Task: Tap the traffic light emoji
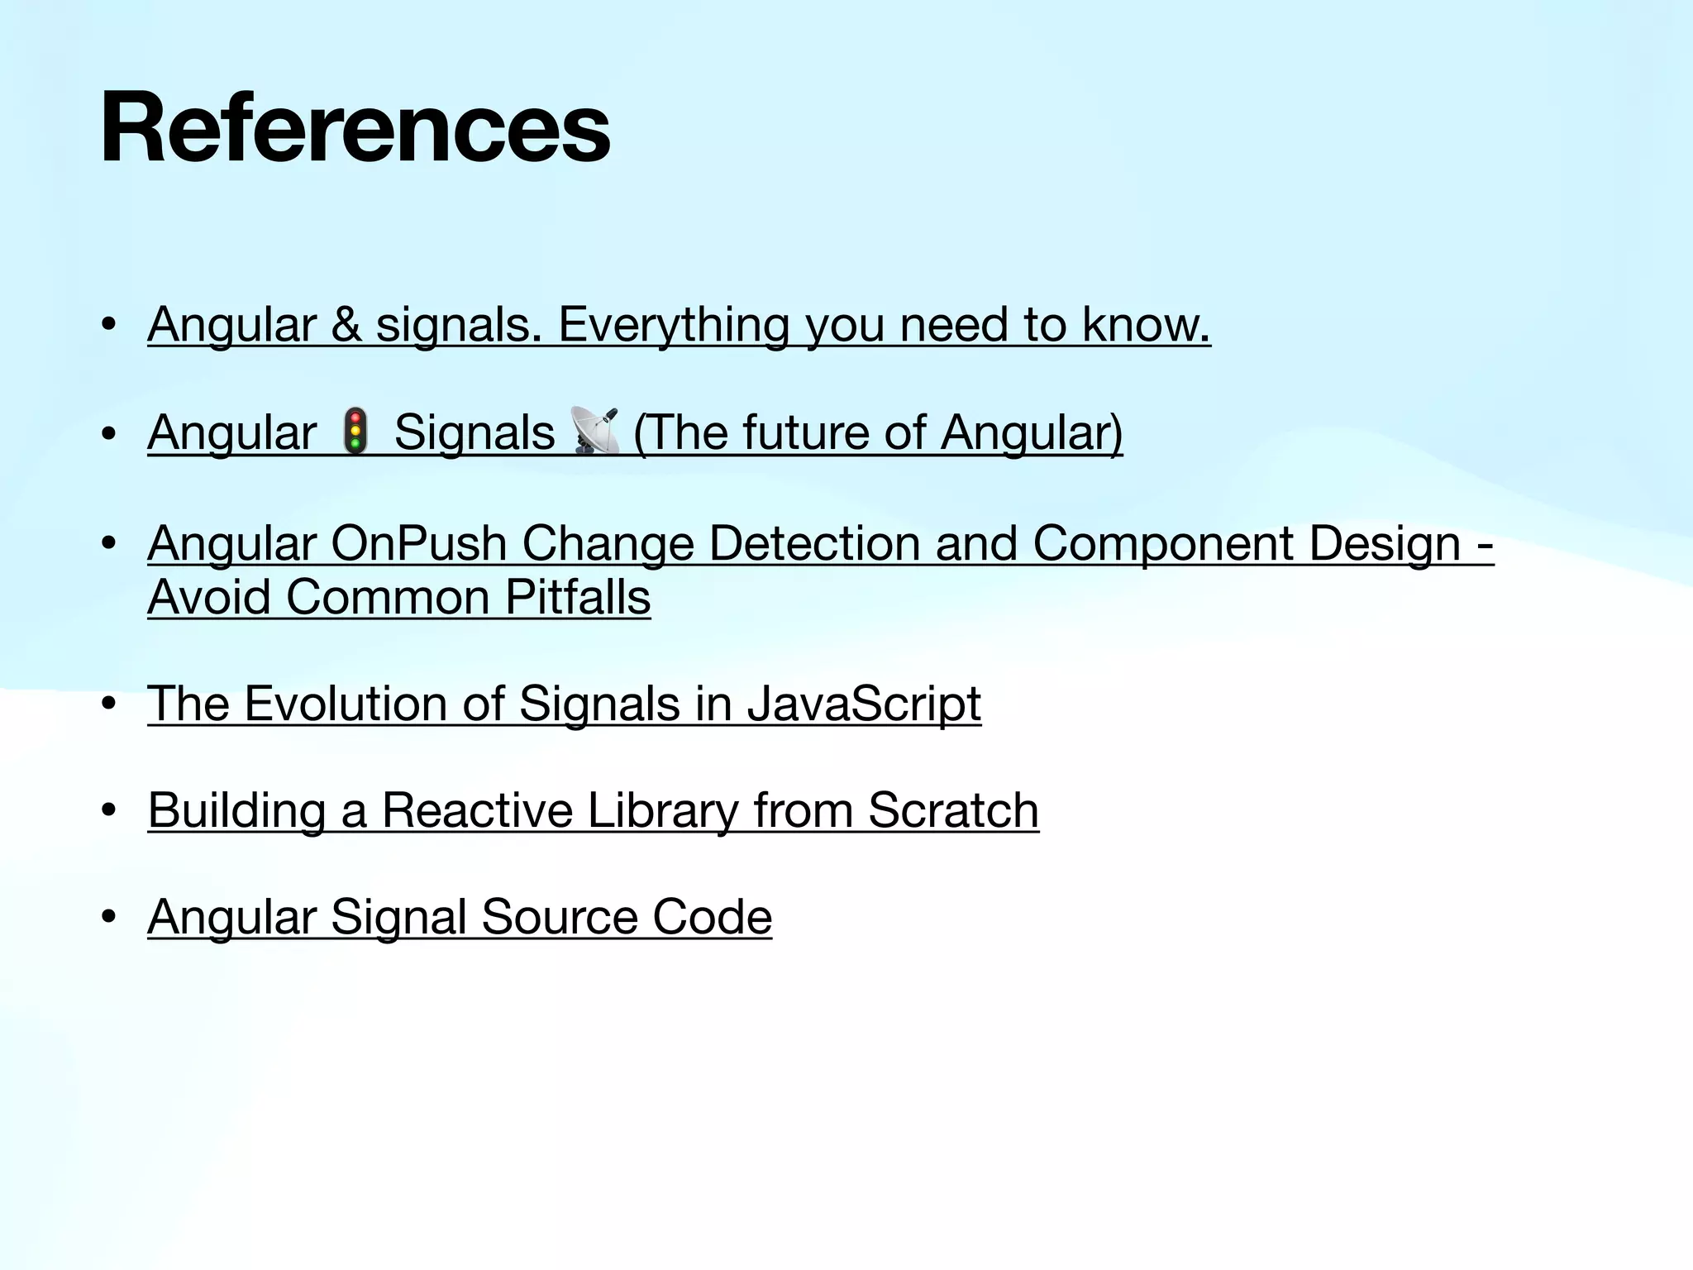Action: (x=355, y=431)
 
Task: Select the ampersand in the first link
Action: (x=346, y=324)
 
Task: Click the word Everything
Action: (x=673, y=324)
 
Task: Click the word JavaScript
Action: (x=863, y=704)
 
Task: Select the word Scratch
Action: (x=953, y=809)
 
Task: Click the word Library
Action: (x=662, y=809)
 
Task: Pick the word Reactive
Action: (x=477, y=809)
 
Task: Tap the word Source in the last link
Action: (x=559, y=916)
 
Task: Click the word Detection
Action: (x=813, y=543)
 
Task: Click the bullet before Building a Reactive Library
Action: (x=108, y=811)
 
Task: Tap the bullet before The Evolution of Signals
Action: (x=108, y=705)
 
